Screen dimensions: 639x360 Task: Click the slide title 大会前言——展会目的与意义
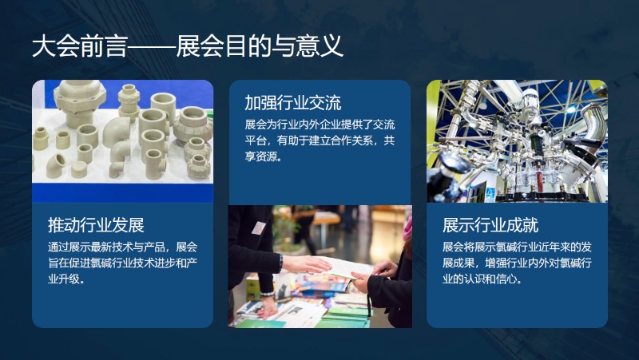coord(188,46)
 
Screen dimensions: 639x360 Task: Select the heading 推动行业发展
coord(96,225)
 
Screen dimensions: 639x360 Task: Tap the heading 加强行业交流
coord(293,103)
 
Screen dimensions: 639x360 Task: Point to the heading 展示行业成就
coord(490,225)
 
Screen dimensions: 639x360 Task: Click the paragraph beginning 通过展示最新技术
coord(123,263)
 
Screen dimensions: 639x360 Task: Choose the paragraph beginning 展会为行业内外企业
coord(320,140)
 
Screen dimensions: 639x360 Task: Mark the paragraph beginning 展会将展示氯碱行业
coord(517,263)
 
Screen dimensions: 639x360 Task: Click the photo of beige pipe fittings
coord(123,141)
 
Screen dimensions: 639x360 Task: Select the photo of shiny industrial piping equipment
coord(517,141)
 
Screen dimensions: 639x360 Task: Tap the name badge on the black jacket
coord(258,228)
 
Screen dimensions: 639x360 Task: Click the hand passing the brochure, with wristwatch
coord(305,264)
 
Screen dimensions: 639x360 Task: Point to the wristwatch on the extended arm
coord(281,263)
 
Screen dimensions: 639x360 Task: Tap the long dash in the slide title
coord(152,47)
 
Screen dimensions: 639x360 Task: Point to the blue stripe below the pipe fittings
coord(123,192)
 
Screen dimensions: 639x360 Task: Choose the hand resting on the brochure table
coord(268,311)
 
